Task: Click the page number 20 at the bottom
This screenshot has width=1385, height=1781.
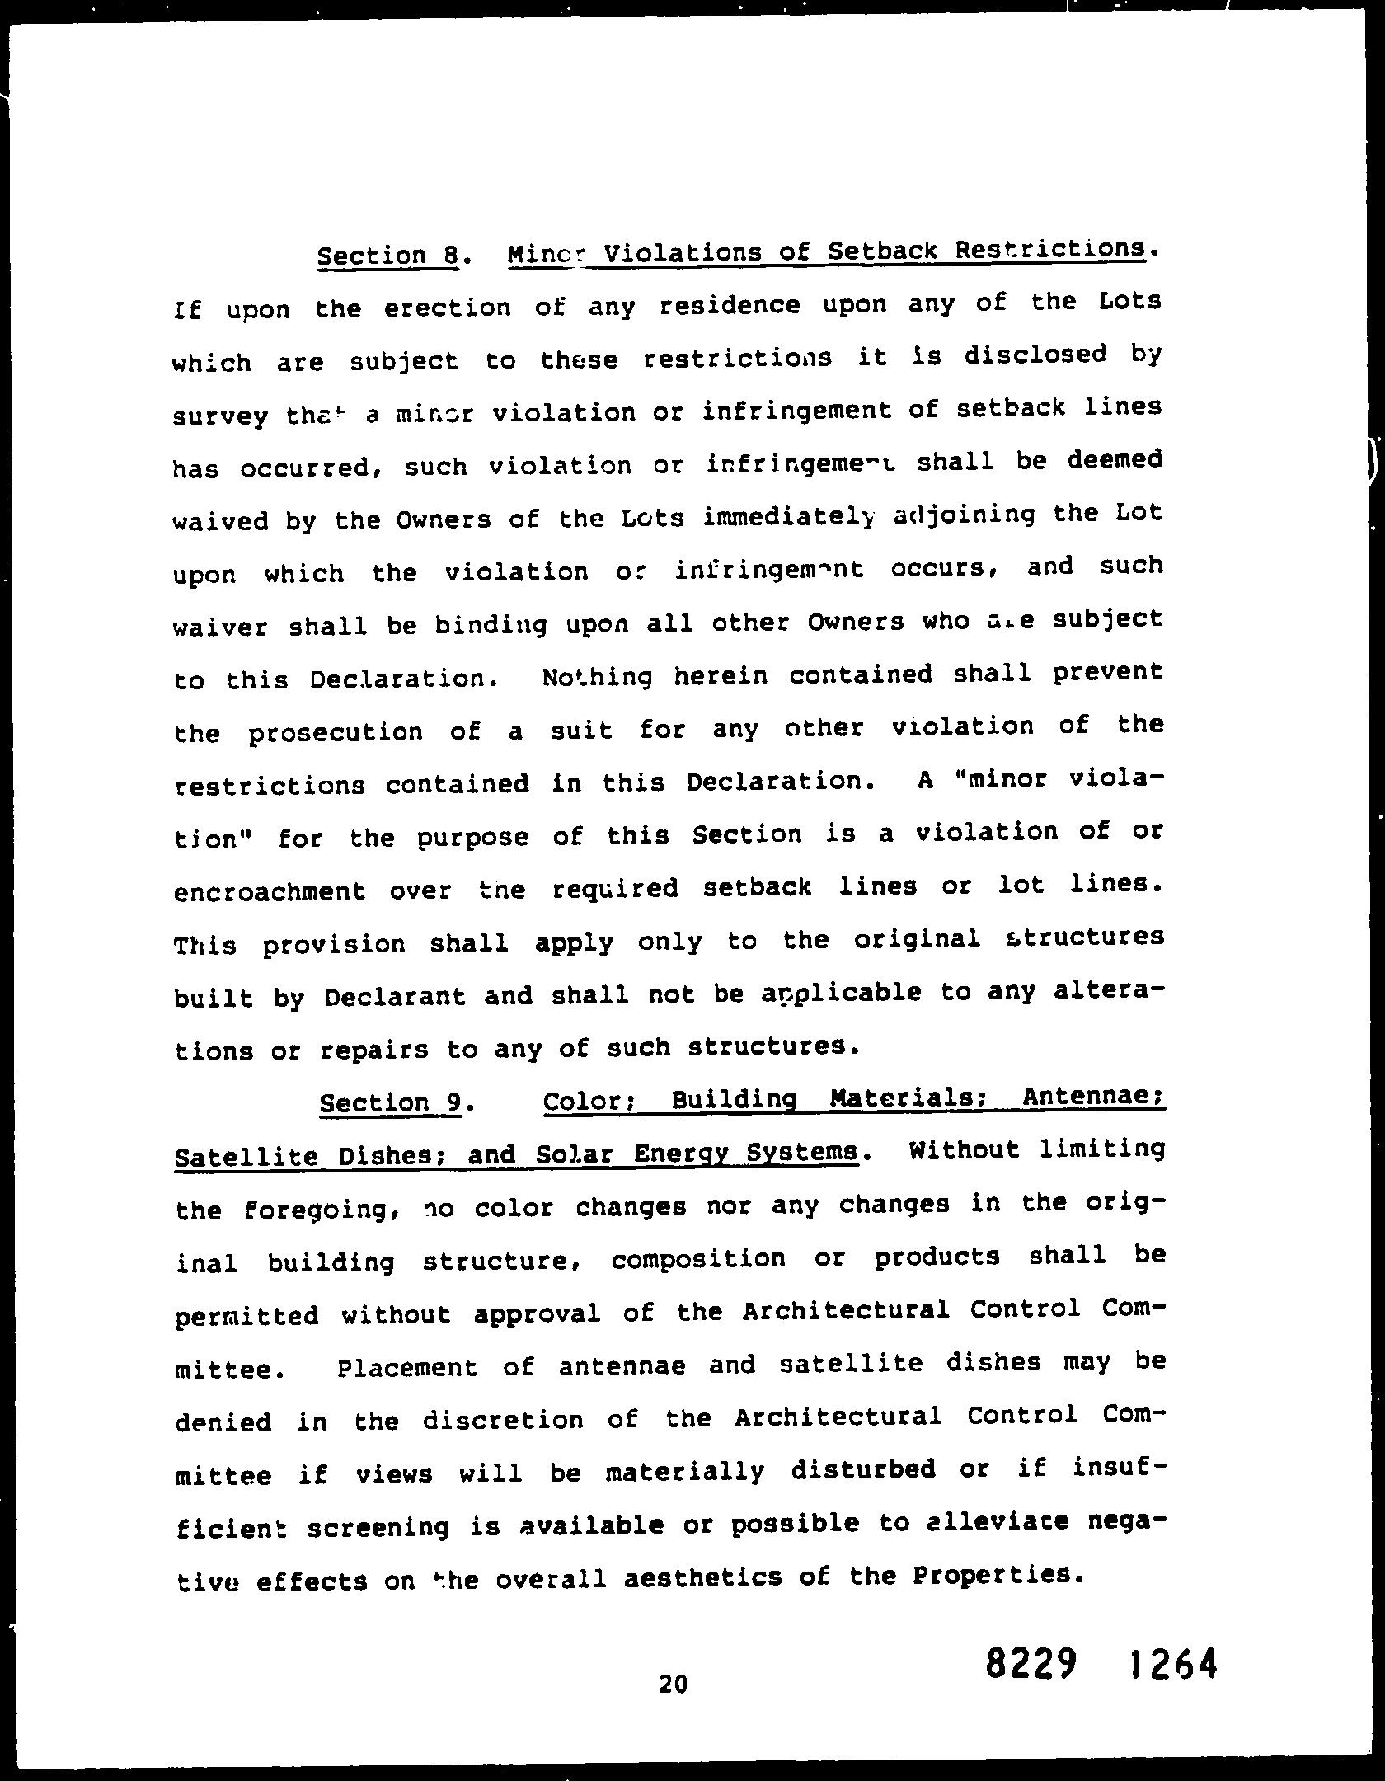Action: coord(673,1684)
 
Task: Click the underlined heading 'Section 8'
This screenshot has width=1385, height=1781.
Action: coord(387,256)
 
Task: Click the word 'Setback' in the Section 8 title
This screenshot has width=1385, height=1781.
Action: coord(881,250)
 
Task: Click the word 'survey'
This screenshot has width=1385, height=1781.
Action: coord(220,416)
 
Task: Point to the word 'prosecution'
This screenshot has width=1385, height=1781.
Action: coord(335,732)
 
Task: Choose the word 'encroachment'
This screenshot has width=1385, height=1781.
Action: coord(270,891)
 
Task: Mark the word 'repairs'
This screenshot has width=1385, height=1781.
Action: coord(375,1050)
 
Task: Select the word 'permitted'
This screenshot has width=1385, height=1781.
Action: coord(247,1316)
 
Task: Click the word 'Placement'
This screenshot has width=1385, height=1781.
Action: coord(407,1368)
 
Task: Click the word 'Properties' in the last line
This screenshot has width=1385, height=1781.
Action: coord(994,1576)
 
